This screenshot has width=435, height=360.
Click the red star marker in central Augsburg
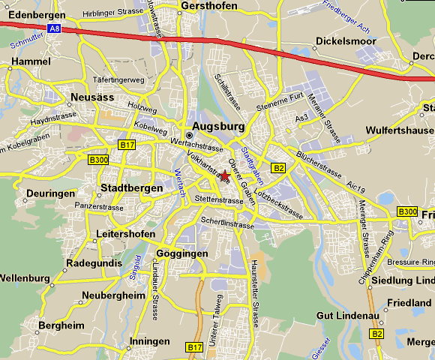click(226, 174)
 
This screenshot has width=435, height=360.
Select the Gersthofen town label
click(209, 6)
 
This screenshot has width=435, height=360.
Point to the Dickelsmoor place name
click(346, 41)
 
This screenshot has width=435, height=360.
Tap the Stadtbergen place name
click(131, 187)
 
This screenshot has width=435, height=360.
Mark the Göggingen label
click(181, 253)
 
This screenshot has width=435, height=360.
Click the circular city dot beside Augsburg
click(189, 135)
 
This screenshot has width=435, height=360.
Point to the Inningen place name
click(150, 341)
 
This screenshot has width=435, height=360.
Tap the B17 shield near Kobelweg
click(126, 145)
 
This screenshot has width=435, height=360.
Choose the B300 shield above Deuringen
click(97, 160)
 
